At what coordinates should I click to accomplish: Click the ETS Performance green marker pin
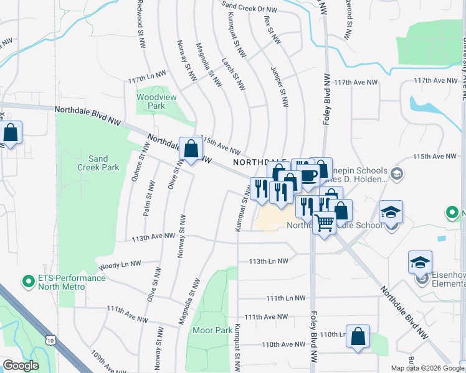[x=28, y=282]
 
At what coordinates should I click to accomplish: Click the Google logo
[x=21, y=366]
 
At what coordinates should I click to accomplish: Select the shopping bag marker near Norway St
[x=191, y=149]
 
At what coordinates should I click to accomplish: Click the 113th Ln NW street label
[x=269, y=262]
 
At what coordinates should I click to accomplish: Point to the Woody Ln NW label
[x=120, y=266]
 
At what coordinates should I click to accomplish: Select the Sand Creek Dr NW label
[x=249, y=7]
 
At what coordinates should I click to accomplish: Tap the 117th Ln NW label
[x=145, y=81]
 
